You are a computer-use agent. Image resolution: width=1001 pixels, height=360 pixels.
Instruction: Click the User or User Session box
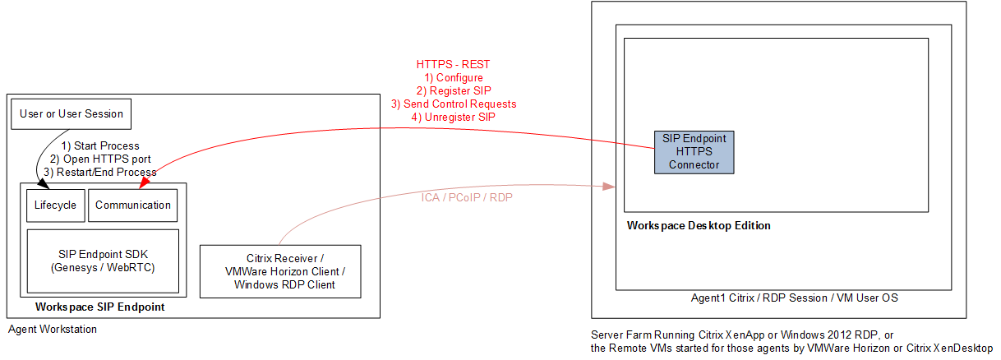71,114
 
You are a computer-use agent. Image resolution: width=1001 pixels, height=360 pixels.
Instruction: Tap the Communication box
133,205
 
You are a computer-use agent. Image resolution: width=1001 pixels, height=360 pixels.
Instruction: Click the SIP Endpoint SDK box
103,261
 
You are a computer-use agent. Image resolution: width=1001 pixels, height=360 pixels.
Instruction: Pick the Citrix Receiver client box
279,271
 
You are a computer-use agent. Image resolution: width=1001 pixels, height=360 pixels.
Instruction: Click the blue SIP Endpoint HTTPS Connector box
694,151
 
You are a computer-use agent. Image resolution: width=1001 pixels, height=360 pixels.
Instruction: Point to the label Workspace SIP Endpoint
100,307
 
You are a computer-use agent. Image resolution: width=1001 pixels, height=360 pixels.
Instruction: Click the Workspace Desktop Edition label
699,225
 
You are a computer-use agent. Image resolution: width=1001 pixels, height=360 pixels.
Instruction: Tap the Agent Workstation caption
53,330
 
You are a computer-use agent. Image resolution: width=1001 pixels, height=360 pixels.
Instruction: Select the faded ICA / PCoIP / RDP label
468,198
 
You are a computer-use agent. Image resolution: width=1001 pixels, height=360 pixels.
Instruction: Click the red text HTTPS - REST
454,64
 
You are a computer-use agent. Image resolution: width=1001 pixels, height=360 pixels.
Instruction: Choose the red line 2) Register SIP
454,90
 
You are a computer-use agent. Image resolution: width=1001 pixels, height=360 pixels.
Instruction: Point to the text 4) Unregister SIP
454,117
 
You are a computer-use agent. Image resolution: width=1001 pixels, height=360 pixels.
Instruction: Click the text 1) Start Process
100,146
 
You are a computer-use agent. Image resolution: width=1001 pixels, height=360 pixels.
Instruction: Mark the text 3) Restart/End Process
99,172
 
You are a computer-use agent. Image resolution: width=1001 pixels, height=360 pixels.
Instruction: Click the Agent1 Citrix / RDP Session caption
794,298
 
